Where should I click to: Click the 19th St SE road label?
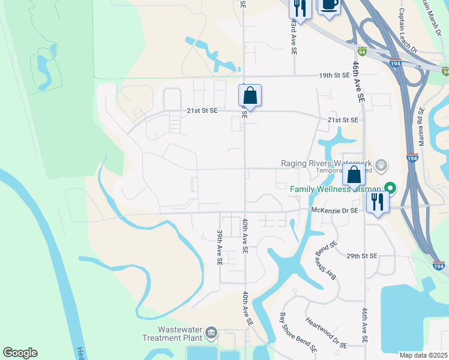pos(334,76)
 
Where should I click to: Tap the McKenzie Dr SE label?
pos(334,210)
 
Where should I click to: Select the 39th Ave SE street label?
pos(220,248)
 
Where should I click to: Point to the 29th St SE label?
pos(361,256)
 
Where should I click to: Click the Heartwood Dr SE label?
pos(326,333)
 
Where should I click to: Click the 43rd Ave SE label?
pos(294,38)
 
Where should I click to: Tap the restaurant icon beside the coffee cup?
pos(299,8)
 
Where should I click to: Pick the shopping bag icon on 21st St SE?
pos(250,95)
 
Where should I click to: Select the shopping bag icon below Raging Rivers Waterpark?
pos(354,175)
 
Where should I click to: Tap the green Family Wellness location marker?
pos(391,188)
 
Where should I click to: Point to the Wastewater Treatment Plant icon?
pos(211,332)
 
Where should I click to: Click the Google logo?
pos(20,353)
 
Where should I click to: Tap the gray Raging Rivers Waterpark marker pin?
pos(380,164)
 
